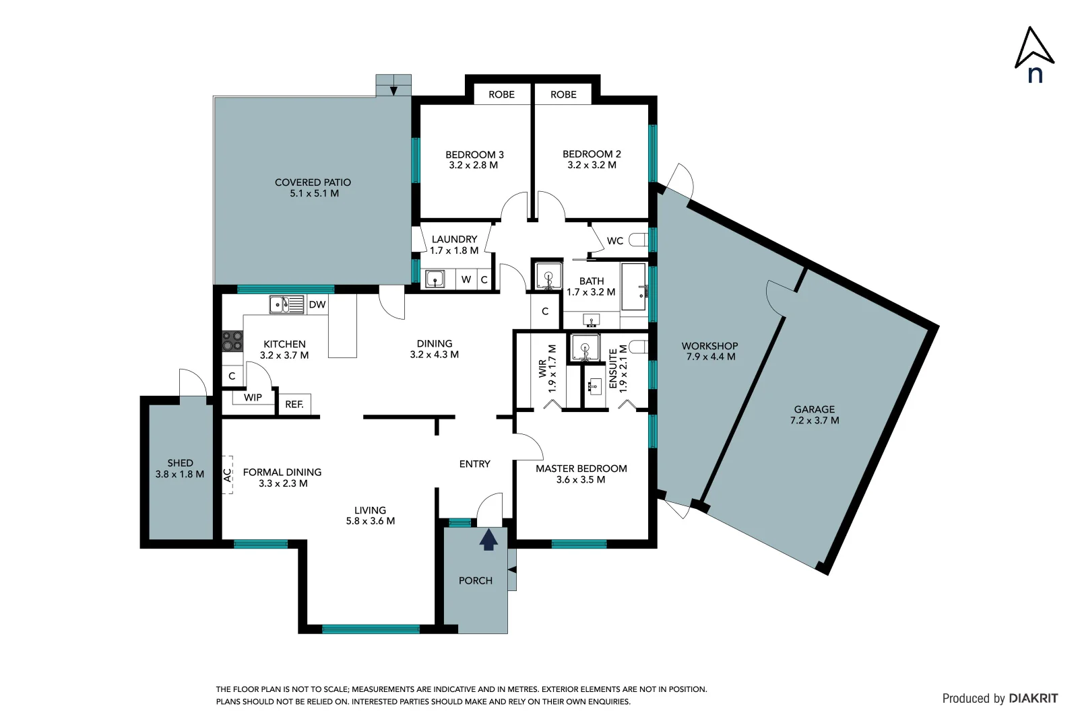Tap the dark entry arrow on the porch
[x=488, y=539]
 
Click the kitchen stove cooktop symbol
[x=232, y=341]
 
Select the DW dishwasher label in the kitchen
[x=317, y=304]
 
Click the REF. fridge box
[x=294, y=404]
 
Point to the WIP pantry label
[x=253, y=397]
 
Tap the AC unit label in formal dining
[x=228, y=475]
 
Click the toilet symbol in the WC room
[x=638, y=240]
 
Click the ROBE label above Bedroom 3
[x=501, y=94]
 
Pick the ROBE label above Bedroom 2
[x=563, y=94]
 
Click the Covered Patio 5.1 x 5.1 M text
[x=313, y=188]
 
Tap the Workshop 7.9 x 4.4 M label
[x=710, y=351]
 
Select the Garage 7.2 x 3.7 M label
[x=814, y=414]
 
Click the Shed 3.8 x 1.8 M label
[x=180, y=468]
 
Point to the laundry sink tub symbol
[x=435, y=279]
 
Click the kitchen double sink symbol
[x=287, y=305]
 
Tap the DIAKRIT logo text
[x=1033, y=698]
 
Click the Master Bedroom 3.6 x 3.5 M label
[x=581, y=474]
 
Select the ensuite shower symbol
[x=585, y=348]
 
